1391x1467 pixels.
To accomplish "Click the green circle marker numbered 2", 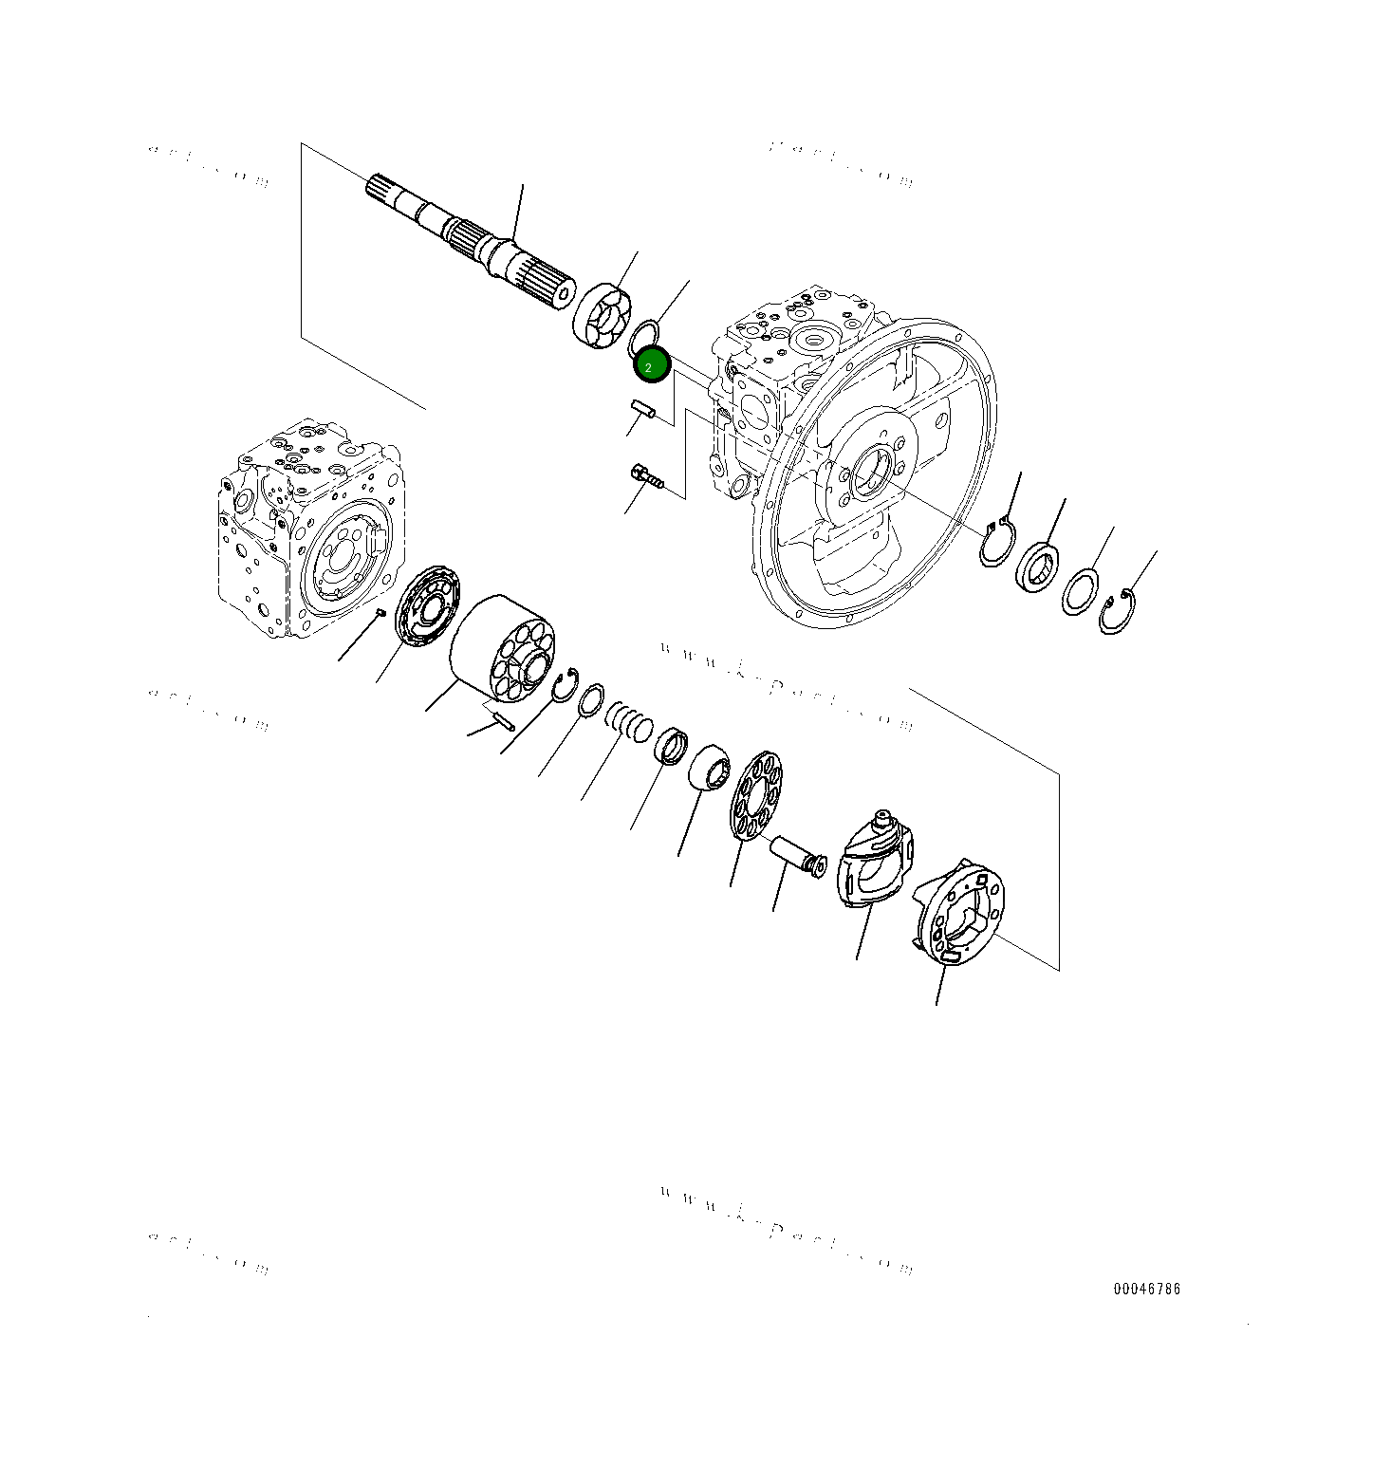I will [x=652, y=366].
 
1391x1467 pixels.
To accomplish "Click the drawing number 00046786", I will [x=1147, y=1289].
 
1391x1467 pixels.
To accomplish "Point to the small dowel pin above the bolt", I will [x=644, y=412].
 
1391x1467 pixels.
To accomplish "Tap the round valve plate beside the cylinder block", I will [x=427, y=605].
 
